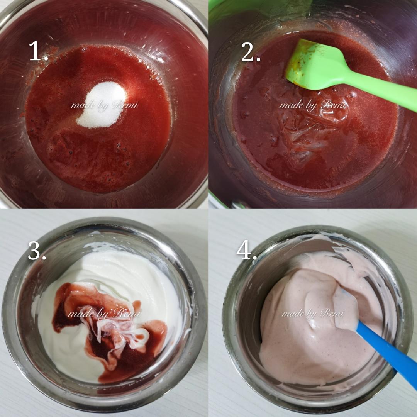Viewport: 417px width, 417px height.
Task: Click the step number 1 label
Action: pyautogui.click(x=38, y=51)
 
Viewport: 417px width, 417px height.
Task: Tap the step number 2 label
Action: pyautogui.click(x=251, y=52)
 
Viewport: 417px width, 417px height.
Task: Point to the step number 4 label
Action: pyautogui.click(x=246, y=250)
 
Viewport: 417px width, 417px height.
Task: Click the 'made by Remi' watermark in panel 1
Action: pyautogui.click(x=105, y=105)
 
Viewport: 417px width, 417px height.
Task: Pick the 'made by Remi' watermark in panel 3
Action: pyautogui.click(x=105, y=314)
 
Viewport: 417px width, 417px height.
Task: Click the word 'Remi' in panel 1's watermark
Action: pyautogui.click(x=125, y=105)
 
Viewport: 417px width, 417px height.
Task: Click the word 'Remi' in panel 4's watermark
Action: pyautogui.click(x=332, y=313)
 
